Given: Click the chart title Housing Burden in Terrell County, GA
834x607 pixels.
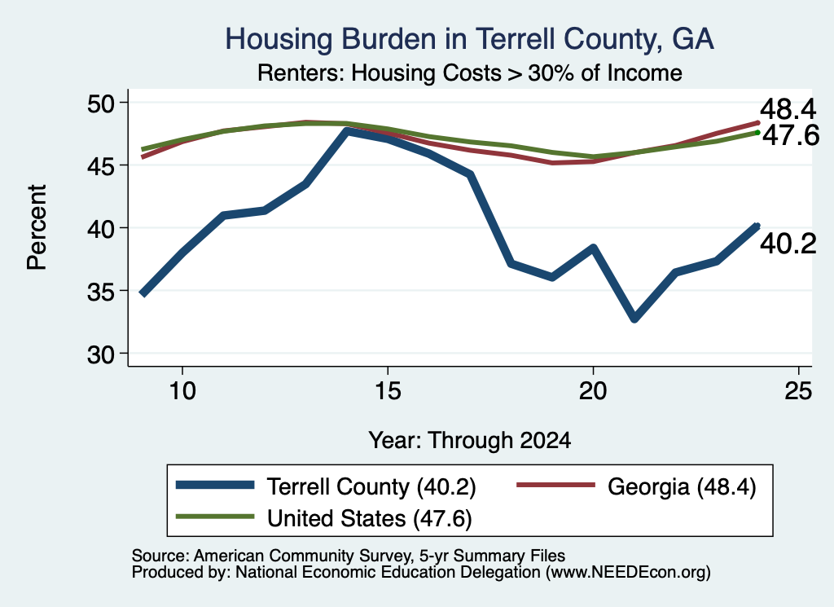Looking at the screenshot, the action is click(x=469, y=39).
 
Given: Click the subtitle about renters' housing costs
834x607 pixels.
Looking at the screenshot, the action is click(x=470, y=73).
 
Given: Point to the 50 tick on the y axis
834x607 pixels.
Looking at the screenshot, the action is click(x=101, y=103).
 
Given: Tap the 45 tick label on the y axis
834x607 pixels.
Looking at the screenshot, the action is click(x=101, y=165).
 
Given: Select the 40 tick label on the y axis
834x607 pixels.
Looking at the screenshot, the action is click(x=101, y=228).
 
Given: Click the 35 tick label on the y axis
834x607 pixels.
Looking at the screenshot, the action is click(x=101, y=291).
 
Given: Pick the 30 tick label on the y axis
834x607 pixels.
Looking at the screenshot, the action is click(x=101, y=354).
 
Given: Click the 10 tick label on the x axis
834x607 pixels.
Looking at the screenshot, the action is click(x=182, y=391).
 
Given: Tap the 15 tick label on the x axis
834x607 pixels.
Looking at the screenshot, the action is click(x=388, y=391).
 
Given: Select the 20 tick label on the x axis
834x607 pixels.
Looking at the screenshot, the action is click(x=593, y=391).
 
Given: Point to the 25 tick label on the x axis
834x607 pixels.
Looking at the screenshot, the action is click(x=798, y=391).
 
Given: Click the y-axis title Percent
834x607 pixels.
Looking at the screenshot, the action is click(x=37, y=227).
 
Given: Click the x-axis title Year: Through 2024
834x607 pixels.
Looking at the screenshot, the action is click(x=470, y=441).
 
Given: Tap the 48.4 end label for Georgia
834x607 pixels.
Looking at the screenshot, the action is click(x=788, y=109).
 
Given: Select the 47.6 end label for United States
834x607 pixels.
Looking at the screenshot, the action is click(x=791, y=135).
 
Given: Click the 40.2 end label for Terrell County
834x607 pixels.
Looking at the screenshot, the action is click(x=788, y=244).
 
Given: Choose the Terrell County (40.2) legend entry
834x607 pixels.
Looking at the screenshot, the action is click(x=326, y=486).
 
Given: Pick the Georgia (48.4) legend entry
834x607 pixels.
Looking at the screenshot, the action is click(x=636, y=486).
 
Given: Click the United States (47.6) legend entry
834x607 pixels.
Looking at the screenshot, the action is click(x=324, y=517).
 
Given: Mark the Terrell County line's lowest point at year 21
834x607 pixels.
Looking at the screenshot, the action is click(x=634, y=319).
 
